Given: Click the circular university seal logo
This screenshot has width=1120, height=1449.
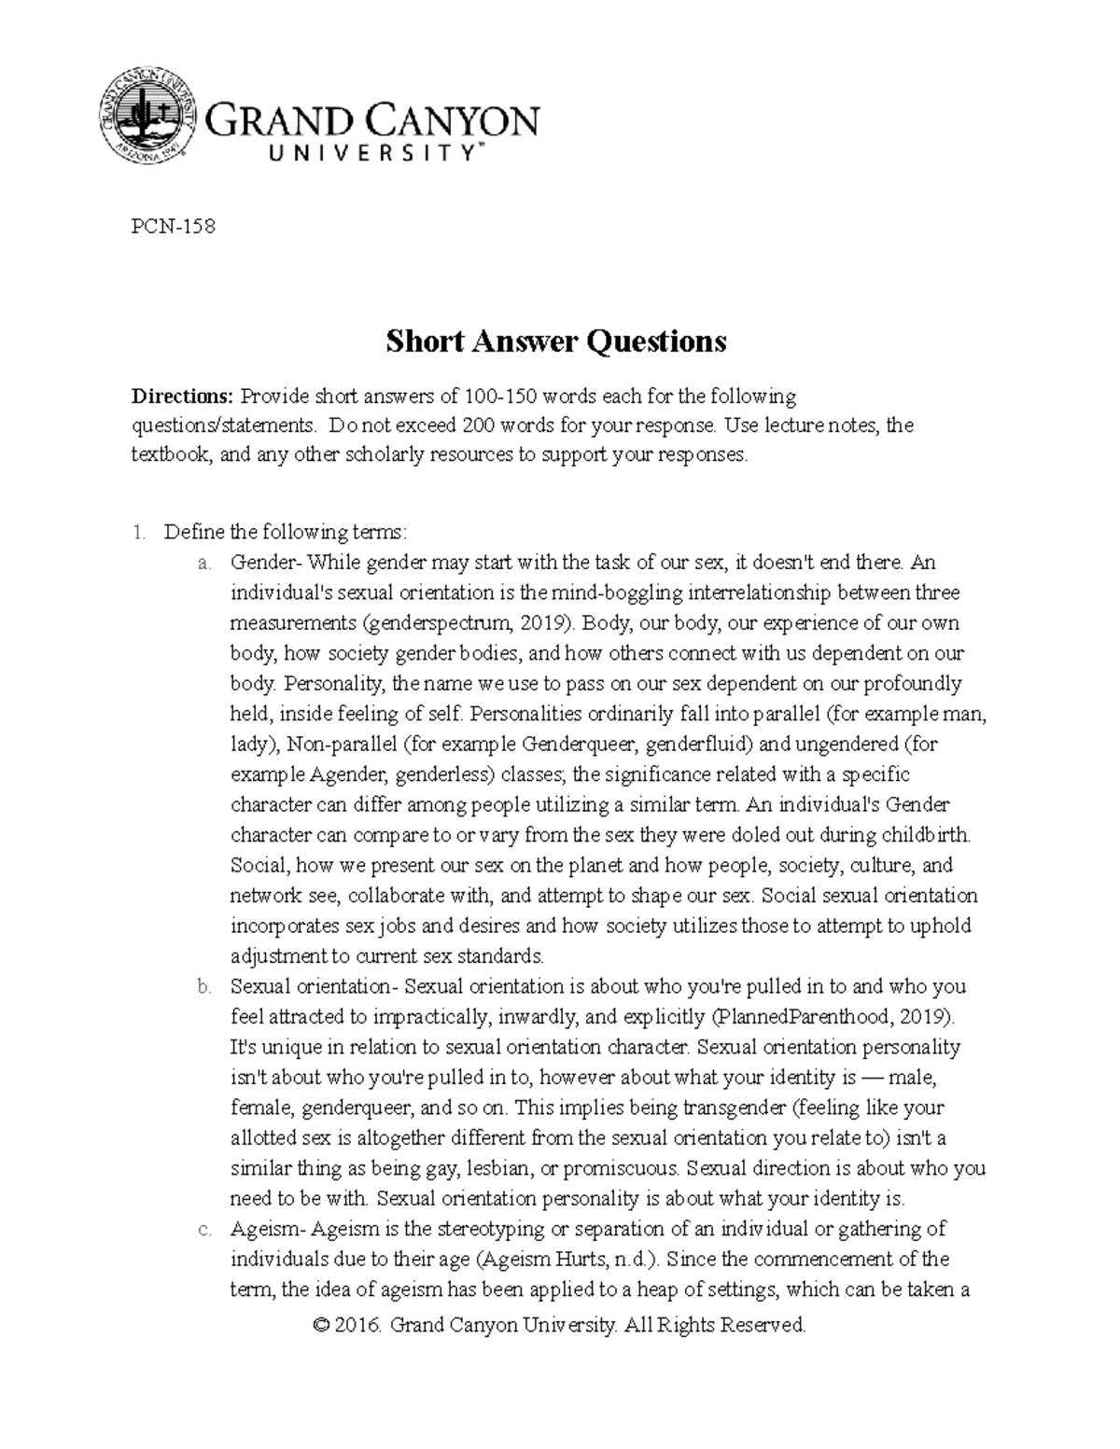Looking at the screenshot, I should [x=147, y=118].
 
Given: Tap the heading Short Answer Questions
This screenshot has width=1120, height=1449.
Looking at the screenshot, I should [x=556, y=341].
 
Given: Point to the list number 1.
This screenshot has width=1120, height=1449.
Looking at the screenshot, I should [x=138, y=532].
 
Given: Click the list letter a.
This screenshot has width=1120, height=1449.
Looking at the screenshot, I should [x=203, y=563].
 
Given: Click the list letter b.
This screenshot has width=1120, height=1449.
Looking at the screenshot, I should [x=203, y=987].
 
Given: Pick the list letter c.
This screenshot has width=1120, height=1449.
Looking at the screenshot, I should [x=203, y=1230].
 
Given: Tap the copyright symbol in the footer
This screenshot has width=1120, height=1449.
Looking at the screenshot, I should [x=323, y=1326].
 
